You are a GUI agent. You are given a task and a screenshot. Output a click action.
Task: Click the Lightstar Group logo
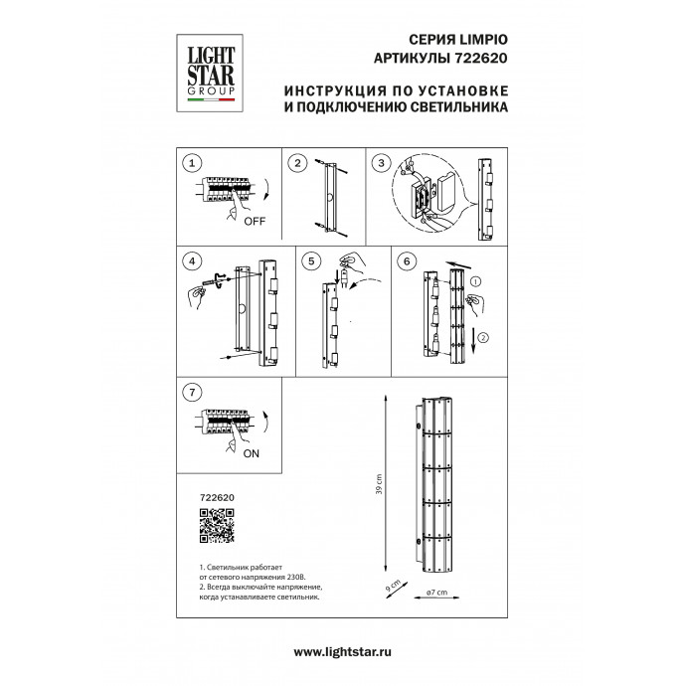click(x=207, y=68)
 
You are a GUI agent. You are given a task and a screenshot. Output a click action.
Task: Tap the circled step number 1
click(x=195, y=162)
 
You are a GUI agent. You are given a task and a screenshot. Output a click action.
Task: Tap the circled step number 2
click(x=296, y=162)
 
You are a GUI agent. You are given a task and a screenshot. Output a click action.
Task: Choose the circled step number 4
click(x=193, y=261)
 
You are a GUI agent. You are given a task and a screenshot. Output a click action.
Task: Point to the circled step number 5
click(x=312, y=261)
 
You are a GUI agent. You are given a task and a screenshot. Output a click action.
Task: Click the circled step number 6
click(x=405, y=261)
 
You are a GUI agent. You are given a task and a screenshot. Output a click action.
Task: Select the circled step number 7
click(x=194, y=392)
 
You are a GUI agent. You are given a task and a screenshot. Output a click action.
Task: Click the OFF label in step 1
click(x=253, y=221)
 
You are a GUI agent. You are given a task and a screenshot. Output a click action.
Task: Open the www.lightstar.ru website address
click(x=343, y=651)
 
